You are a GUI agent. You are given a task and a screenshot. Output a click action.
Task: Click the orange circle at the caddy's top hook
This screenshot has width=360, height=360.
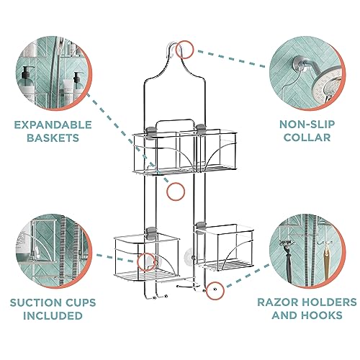[184, 49]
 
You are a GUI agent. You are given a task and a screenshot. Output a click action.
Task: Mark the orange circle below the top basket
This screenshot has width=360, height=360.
[175, 191]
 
